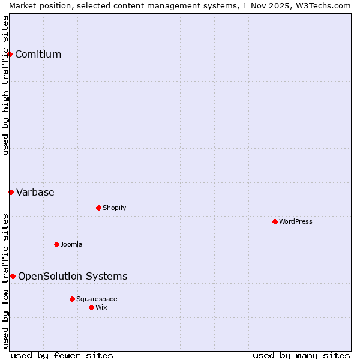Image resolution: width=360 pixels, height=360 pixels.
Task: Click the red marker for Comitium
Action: (10, 55)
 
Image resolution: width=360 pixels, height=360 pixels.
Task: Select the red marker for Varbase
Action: (11, 193)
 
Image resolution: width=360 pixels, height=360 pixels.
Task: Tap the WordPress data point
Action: (275, 221)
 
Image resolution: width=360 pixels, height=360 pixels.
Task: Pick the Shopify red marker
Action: (98, 208)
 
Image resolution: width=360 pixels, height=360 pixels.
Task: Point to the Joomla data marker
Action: (56, 244)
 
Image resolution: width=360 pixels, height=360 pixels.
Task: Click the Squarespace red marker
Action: (72, 299)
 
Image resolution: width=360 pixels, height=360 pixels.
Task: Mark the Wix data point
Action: (91, 307)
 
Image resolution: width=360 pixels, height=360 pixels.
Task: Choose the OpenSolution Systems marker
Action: (13, 277)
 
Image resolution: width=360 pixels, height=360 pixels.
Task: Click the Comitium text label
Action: (38, 55)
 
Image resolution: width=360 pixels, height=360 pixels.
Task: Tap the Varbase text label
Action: (35, 193)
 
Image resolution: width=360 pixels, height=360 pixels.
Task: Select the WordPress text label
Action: (295, 221)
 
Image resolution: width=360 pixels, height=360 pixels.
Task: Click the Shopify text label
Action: (114, 208)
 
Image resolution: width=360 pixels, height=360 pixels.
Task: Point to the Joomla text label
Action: (71, 244)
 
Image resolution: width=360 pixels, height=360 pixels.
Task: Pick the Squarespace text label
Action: (97, 299)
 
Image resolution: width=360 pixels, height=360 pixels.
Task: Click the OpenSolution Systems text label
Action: (73, 277)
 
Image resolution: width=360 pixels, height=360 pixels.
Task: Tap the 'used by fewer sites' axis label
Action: (62, 355)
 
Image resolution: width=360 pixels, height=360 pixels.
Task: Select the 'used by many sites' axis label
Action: (301, 355)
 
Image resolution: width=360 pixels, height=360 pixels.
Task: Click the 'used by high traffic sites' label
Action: (5, 85)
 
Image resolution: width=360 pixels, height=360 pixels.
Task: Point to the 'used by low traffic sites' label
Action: (5, 281)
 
